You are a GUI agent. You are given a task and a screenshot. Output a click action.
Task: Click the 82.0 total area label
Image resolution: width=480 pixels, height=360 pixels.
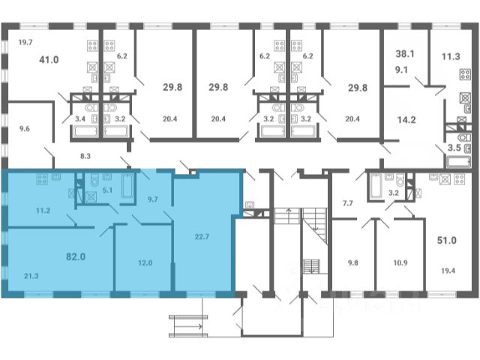(76, 256)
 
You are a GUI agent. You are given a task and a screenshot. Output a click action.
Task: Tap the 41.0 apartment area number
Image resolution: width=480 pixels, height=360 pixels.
(49, 59)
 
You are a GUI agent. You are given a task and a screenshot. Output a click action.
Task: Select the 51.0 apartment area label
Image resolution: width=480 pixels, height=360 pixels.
(447, 240)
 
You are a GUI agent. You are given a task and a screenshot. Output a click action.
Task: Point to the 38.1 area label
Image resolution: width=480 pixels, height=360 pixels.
(405, 54)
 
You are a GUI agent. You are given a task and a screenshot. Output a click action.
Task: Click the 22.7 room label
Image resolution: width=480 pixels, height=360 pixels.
(202, 237)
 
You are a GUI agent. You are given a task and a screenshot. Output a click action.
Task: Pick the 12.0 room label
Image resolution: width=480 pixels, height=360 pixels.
(145, 262)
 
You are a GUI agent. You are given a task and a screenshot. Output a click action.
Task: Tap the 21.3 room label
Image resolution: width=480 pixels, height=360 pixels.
(31, 276)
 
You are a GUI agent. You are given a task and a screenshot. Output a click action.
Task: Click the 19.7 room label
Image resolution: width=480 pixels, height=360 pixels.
(25, 42)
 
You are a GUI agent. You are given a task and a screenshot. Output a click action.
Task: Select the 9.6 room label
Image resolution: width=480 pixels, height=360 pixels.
(25, 128)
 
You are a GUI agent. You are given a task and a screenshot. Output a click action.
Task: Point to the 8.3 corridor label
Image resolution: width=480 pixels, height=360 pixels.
(85, 156)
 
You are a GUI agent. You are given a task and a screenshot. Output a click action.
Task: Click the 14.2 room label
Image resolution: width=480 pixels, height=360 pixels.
(406, 120)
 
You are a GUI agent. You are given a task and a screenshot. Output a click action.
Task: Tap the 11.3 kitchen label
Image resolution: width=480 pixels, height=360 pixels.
(451, 56)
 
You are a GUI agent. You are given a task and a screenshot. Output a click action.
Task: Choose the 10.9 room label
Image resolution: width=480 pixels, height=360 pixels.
(400, 262)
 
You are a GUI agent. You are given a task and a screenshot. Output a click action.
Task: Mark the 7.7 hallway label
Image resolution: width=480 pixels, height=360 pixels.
(348, 203)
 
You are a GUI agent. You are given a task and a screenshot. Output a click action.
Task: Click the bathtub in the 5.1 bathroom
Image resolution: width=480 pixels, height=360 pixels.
(127, 185)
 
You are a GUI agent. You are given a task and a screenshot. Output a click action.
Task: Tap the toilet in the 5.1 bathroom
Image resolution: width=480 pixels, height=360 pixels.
(94, 180)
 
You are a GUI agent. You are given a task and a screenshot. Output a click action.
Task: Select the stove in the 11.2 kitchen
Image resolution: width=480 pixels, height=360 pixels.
(42, 179)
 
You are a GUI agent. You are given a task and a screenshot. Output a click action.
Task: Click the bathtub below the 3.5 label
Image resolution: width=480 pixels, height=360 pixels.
(458, 161)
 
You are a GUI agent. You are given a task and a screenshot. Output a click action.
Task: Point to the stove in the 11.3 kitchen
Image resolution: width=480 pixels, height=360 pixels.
(465, 74)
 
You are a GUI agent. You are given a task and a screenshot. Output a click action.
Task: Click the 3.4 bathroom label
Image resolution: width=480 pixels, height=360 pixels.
(80, 118)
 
